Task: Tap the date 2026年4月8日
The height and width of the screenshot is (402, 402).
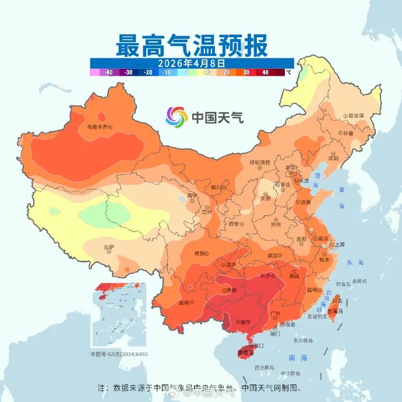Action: pos(192,62)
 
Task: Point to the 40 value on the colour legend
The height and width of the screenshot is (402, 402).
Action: pos(265,72)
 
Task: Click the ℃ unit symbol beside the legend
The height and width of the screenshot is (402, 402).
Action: pos(288,72)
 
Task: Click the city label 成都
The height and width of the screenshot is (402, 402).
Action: pos(200,253)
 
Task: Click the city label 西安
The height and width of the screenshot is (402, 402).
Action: pos(234,223)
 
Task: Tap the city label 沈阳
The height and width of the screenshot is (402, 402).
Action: pos(333,158)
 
